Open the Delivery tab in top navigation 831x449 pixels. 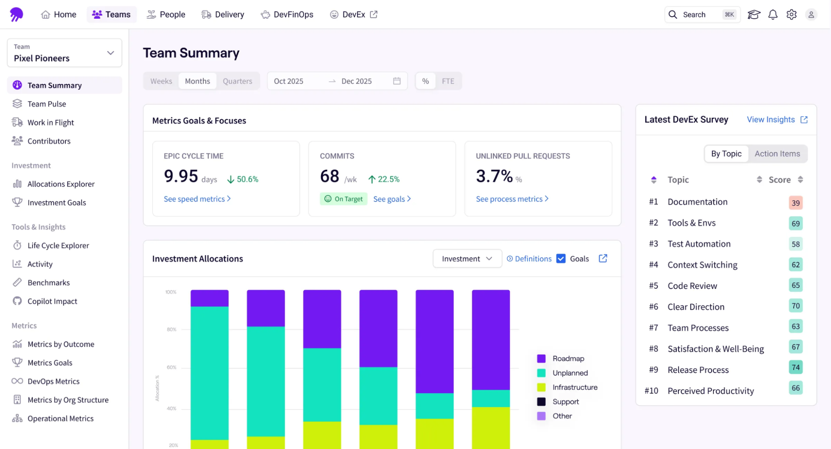(223, 15)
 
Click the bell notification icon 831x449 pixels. (772, 15)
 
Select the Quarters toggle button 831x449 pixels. (237, 81)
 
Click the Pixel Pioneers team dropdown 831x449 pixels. (64, 53)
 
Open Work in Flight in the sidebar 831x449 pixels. (50, 122)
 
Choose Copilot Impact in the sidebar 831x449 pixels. (52, 301)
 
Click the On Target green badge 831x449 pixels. (343, 199)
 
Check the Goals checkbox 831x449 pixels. (561, 259)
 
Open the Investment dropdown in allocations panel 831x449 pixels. (467, 259)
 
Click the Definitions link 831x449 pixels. (529, 259)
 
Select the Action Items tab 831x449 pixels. (777, 154)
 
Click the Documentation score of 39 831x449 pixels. (795, 203)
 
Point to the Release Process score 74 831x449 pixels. (795, 367)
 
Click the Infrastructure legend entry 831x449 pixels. (575, 387)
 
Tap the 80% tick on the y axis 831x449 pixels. (171, 330)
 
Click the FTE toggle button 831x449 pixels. (448, 81)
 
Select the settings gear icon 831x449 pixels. (791, 15)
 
